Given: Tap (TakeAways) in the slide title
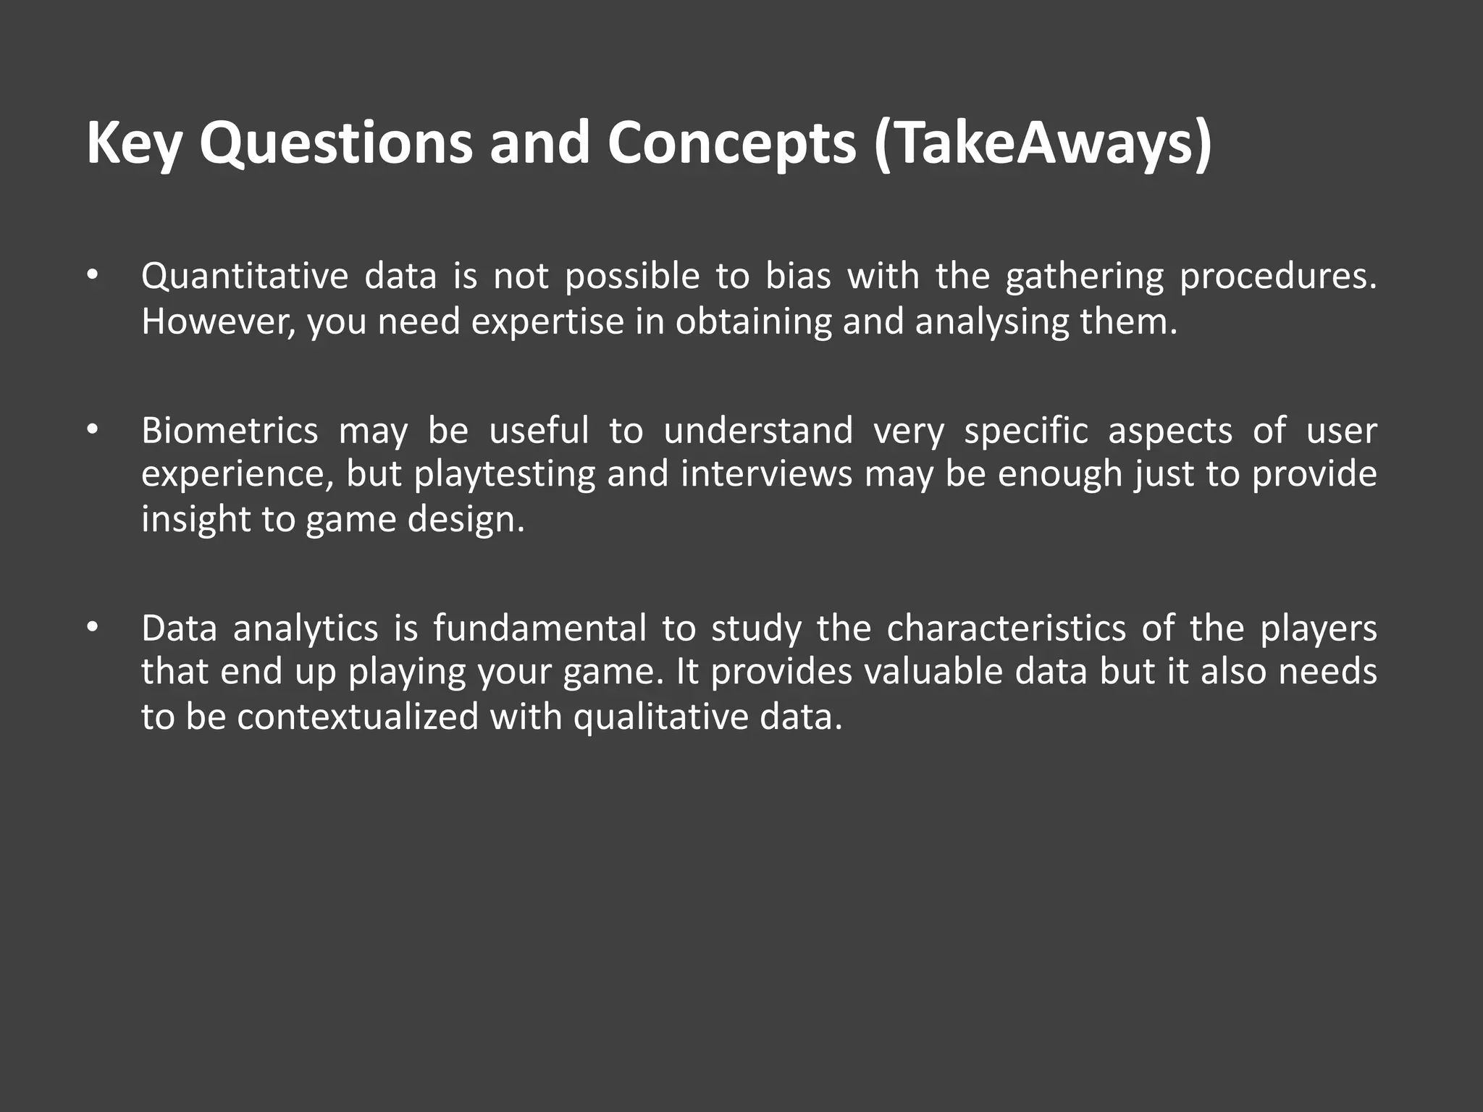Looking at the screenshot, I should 1043,143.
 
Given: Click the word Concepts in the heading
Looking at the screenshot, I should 731,143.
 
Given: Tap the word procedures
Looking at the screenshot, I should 1277,277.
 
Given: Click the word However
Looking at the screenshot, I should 217,321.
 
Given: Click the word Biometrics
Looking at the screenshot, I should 230,431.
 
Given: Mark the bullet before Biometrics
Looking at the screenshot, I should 91,430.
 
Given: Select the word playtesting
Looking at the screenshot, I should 505,475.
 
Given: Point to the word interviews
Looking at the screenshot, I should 767,475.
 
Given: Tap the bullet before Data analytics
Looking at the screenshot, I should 91,628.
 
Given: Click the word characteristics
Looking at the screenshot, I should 1006,628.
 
